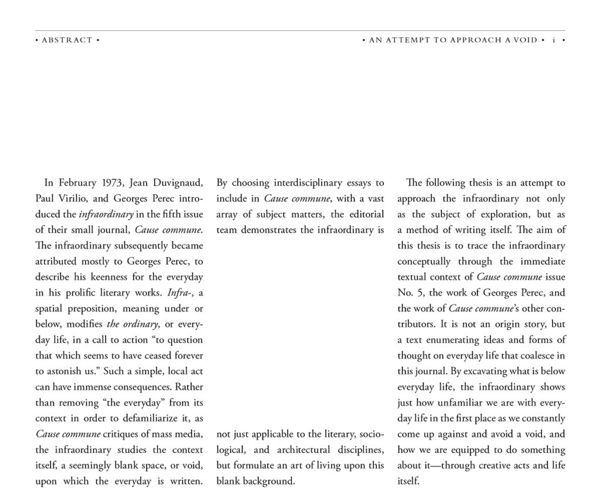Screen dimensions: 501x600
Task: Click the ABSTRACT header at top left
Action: pyautogui.click(x=67, y=40)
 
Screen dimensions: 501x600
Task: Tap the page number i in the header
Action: pyautogui.click(x=553, y=40)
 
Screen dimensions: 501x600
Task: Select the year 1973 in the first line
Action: pyautogui.click(x=110, y=183)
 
